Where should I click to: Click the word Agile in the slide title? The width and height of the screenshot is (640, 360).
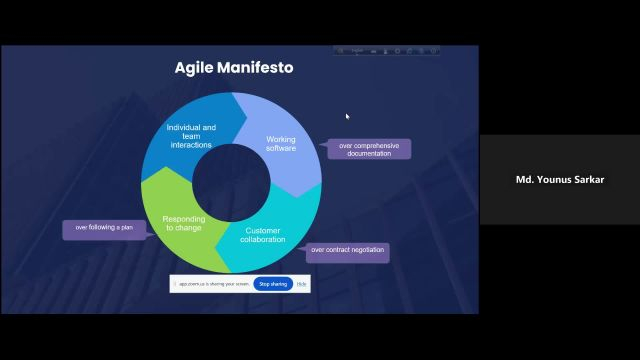[x=196, y=68]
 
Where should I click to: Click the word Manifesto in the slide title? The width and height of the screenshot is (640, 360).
[x=254, y=68]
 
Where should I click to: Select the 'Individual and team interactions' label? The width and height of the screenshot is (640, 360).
[x=191, y=136]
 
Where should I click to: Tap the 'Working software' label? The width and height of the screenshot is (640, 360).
[x=281, y=144]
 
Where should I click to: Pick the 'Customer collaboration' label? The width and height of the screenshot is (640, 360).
[x=264, y=234]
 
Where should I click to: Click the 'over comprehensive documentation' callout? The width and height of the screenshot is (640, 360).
[x=369, y=149]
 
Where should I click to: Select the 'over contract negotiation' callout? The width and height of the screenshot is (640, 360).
[x=347, y=249]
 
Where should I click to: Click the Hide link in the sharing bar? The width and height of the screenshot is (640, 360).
[x=301, y=284]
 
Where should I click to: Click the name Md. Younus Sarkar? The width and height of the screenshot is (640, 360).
[x=558, y=180]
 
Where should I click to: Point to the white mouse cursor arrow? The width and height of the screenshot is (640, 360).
[x=348, y=117]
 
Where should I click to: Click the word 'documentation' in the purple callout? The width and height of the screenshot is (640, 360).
[x=369, y=154]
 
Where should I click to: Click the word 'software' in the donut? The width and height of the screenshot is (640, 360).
[x=281, y=149]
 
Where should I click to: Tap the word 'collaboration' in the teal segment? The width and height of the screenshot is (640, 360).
[x=264, y=239]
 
